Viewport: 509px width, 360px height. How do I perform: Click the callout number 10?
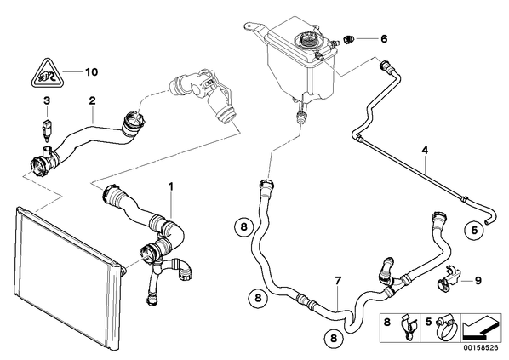(x=91, y=71)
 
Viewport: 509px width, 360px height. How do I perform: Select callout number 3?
(x=47, y=100)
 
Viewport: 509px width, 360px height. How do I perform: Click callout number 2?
(x=93, y=100)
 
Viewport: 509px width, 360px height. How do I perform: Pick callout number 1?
(x=171, y=186)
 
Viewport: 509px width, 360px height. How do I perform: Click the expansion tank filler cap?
(x=307, y=41)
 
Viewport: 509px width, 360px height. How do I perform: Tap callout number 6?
(x=384, y=39)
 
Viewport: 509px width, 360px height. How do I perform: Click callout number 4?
(x=425, y=151)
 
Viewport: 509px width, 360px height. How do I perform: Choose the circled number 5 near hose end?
(x=474, y=231)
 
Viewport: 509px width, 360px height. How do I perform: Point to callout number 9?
(x=478, y=281)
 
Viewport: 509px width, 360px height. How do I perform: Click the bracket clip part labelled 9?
(x=449, y=278)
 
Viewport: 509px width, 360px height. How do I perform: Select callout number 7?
(x=338, y=281)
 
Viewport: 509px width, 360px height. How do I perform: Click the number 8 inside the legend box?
(x=386, y=322)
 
